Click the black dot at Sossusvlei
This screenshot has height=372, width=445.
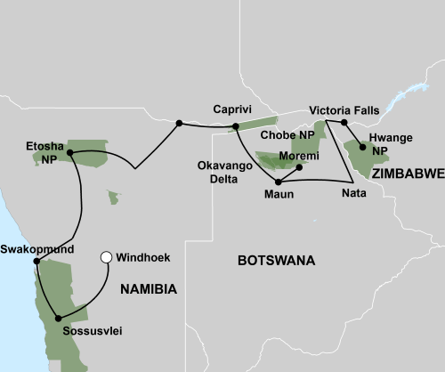coord(59,318)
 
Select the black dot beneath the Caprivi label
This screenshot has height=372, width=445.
coord(235,126)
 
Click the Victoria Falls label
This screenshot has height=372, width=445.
coord(344,109)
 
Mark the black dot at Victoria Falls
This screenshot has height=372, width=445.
coord(344,122)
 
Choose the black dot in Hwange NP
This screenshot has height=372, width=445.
coord(362,148)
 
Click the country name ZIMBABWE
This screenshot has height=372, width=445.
coord(407,175)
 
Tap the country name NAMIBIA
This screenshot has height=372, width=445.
coord(148,288)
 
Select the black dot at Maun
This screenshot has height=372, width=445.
coord(279,182)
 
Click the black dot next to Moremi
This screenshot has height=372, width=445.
coord(298,167)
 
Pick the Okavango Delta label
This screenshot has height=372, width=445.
coord(223,169)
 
